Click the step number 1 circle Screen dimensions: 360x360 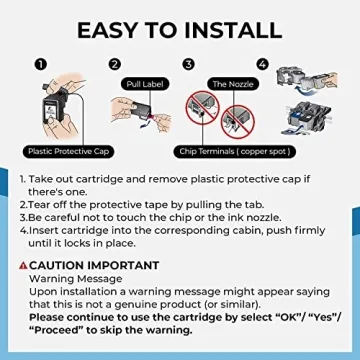[42, 63]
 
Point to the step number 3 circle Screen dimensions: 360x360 [188, 63]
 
